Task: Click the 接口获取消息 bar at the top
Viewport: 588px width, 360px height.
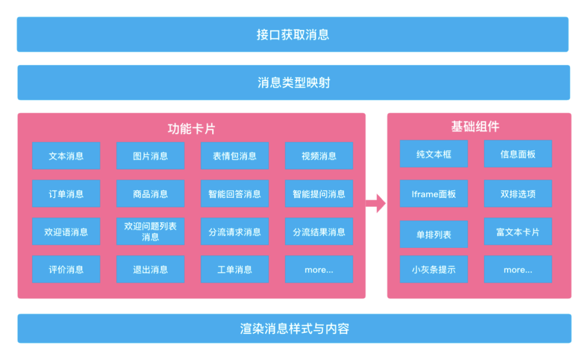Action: pyautogui.click(x=292, y=34)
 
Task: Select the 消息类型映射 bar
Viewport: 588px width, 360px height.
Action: pyautogui.click(x=293, y=83)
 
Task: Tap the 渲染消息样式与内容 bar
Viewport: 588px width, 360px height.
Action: pyautogui.click(x=294, y=328)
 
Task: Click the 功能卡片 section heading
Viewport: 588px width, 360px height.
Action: pyautogui.click(x=191, y=129)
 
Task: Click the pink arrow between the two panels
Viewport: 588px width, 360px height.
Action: pyautogui.click(x=375, y=204)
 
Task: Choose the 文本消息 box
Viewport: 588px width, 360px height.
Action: pyautogui.click(x=66, y=156)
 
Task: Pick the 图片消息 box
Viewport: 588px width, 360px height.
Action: pyautogui.click(x=150, y=156)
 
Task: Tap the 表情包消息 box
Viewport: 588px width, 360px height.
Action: pyautogui.click(x=235, y=156)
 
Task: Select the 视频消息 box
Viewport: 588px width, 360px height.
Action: pyautogui.click(x=319, y=156)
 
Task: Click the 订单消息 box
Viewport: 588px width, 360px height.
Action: pyautogui.click(x=66, y=194)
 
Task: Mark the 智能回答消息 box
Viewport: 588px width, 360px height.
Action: pyautogui.click(x=235, y=194)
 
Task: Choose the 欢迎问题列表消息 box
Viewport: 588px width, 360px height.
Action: pyautogui.click(x=150, y=231)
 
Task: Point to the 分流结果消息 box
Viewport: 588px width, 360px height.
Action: pyautogui.click(x=319, y=231)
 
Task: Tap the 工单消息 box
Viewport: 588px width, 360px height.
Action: pyautogui.click(x=235, y=269)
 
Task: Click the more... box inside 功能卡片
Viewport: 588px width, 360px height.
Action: pyautogui.click(x=319, y=269)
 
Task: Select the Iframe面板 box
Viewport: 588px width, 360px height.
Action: pyautogui.click(x=434, y=194)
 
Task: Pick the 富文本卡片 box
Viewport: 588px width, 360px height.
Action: pyautogui.click(x=518, y=231)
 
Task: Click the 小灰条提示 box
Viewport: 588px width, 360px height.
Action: pyautogui.click(x=434, y=269)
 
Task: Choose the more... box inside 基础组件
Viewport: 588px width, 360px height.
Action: pyautogui.click(x=518, y=269)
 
